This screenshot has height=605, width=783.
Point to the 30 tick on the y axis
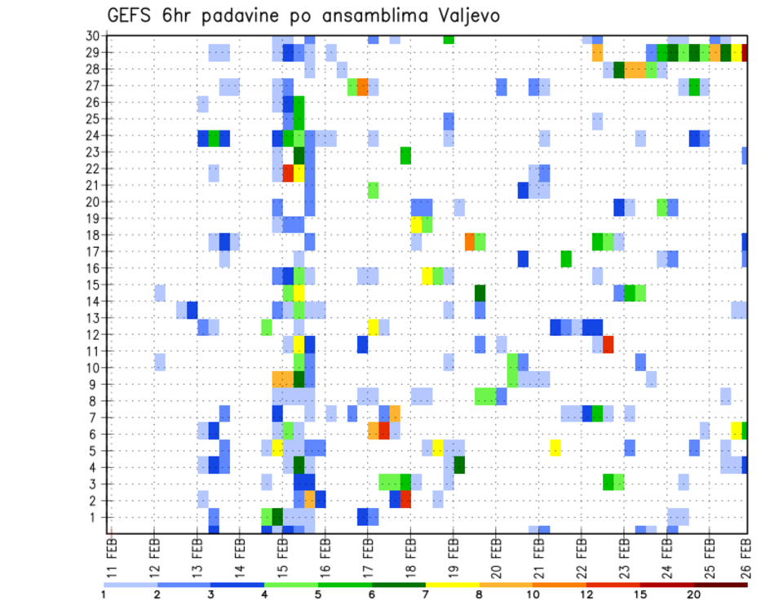93,36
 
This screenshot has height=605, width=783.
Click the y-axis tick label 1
96,517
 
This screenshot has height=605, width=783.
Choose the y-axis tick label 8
96,401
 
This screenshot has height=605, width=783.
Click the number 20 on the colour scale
693,594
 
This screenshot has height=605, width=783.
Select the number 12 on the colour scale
586,594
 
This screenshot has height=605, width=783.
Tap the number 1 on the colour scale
104,594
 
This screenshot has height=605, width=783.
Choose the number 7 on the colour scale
425,594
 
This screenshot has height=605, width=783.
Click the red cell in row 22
288,173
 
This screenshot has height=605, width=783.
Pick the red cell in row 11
608,343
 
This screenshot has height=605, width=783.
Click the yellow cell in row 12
373,327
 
